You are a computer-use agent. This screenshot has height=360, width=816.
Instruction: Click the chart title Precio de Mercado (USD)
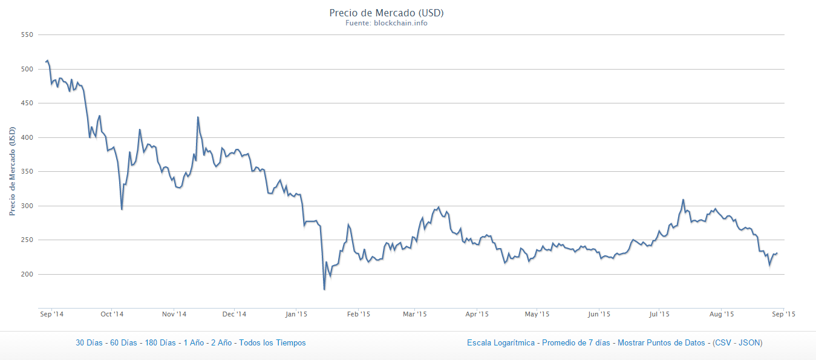(x=390, y=13)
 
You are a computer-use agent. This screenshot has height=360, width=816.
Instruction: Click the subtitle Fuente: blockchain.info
(x=390, y=24)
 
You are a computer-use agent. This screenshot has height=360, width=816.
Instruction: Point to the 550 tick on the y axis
(x=26, y=35)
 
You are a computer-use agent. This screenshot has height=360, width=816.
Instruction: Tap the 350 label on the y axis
(x=26, y=172)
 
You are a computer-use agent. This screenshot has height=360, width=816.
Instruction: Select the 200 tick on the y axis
(x=26, y=275)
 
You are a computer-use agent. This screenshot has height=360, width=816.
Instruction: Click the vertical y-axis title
(x=11, y=171)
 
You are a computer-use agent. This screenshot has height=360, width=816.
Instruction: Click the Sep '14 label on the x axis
(x=51, y=314)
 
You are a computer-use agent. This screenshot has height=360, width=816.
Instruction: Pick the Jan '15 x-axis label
(x=296, y=314)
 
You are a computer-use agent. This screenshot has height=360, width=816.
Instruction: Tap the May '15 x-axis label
(x=537, y=314)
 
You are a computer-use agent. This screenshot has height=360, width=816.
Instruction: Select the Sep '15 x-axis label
(x=782, y=314)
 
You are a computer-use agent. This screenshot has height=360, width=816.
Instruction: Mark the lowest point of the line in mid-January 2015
(x=324, y=290)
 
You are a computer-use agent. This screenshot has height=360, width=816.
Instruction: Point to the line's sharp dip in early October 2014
(x=122, y=209)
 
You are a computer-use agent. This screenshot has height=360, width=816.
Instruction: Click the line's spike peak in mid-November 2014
(x=198, y=117)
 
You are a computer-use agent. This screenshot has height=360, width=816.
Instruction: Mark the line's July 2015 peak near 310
(x=683, y=199)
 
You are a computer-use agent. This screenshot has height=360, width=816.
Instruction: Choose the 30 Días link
(x=89, y=343)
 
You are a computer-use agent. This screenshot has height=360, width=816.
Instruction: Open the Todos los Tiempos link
(x=272, y=343)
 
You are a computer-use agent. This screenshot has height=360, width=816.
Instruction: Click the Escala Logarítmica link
(x=501, y=343)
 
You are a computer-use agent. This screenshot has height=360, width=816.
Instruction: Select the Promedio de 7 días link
(x=576, y=343)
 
